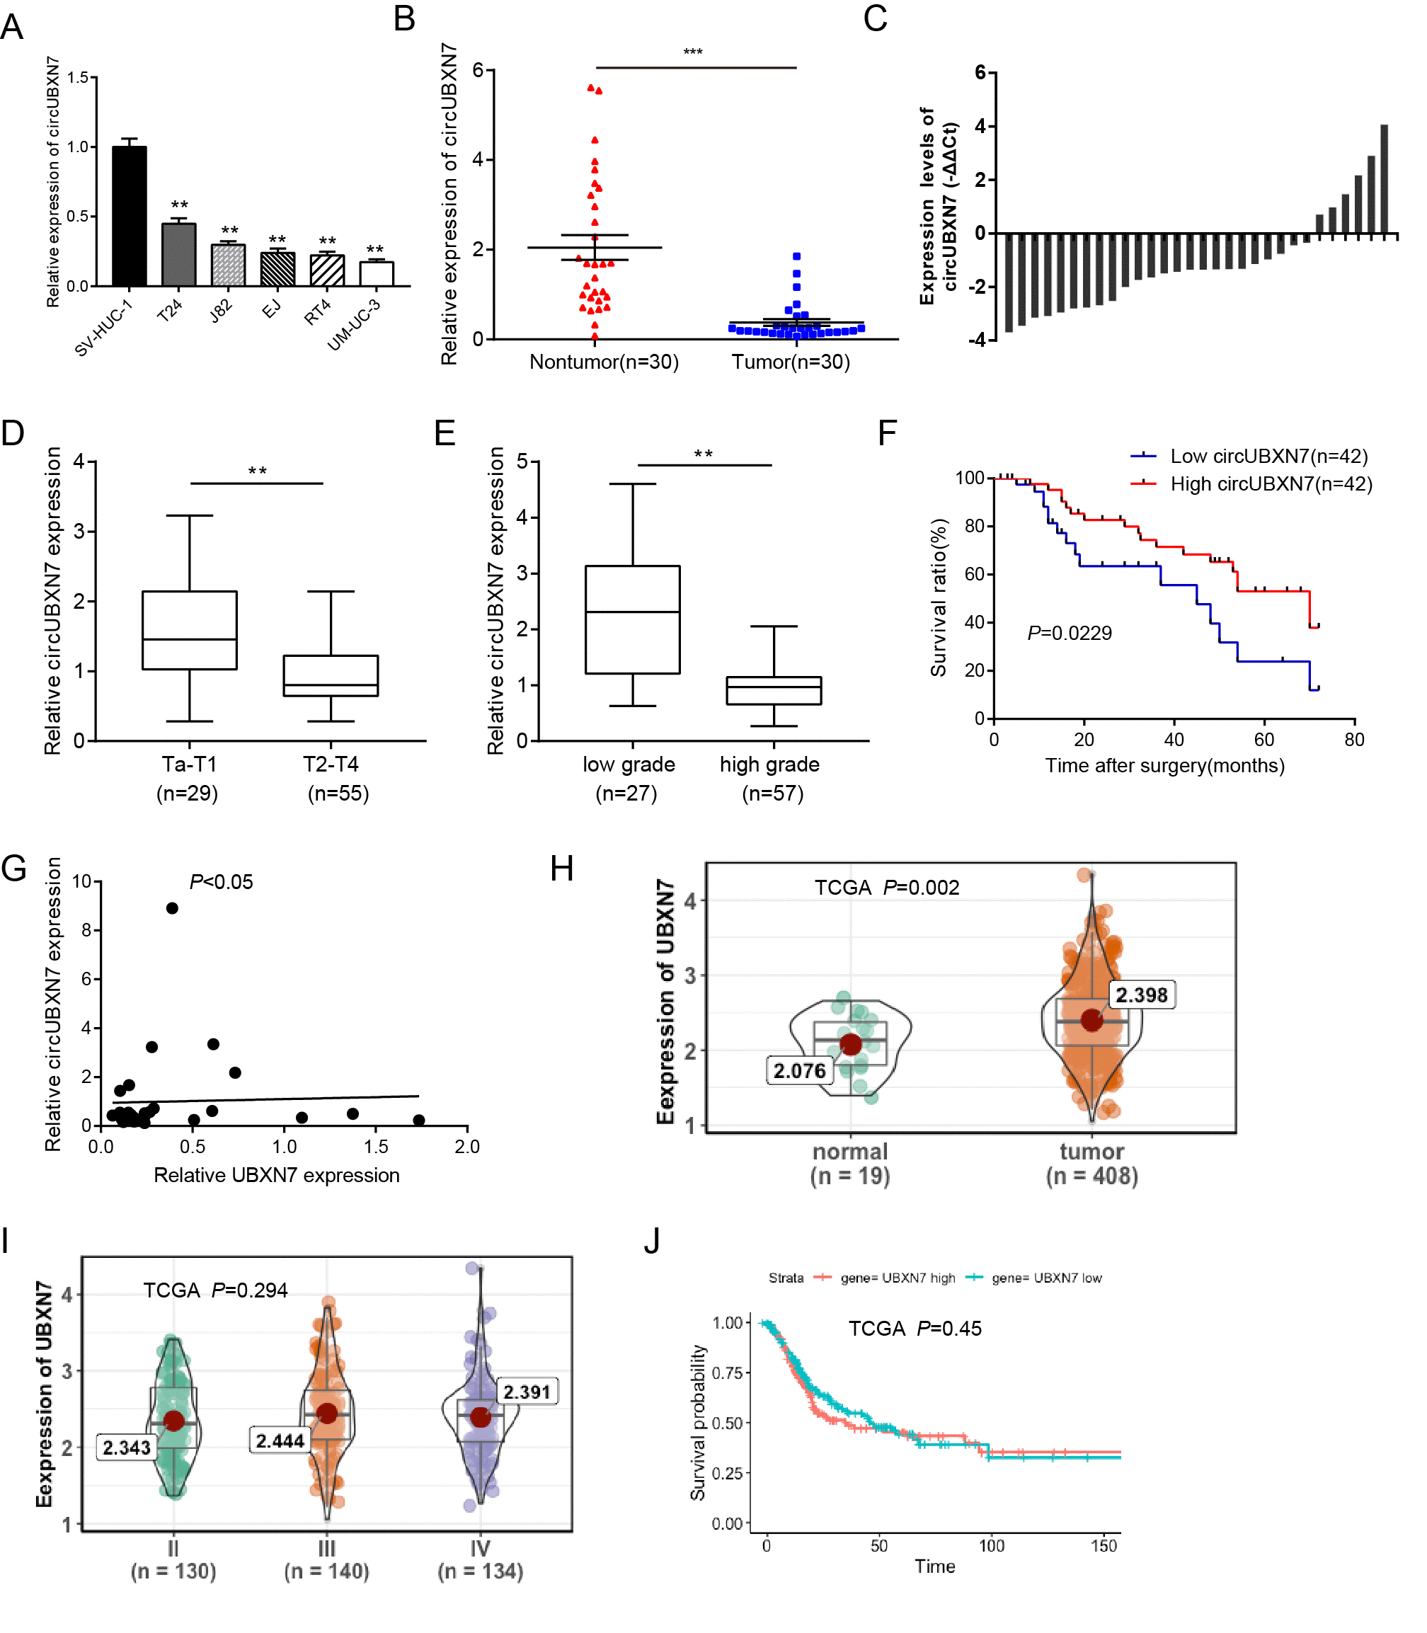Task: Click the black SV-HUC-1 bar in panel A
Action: tap(129, 217)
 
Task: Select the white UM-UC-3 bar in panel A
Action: tap(376, 274)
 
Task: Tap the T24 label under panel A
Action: tap(170, 311)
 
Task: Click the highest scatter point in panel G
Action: tap(172, 908)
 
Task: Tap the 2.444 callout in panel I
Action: tap(280, 1441)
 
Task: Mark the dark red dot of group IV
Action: tap(480, 1417)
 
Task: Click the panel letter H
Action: tap(562, 869)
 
